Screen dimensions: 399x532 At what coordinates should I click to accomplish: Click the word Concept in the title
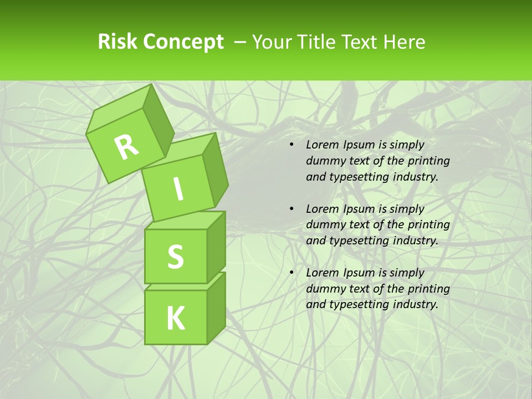(x=183, y=42)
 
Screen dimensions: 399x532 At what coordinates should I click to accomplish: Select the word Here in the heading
(x=403, y=42)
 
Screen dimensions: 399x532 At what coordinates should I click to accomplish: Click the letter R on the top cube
(x=126, y=147)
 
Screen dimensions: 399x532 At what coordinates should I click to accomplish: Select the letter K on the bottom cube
(x=175, y=318)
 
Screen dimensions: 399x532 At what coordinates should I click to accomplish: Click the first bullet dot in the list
(x=291, y=145)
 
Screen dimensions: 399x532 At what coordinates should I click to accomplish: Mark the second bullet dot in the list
(x=291, y=209)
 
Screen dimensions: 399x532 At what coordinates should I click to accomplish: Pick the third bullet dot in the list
(x=291, y=273)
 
